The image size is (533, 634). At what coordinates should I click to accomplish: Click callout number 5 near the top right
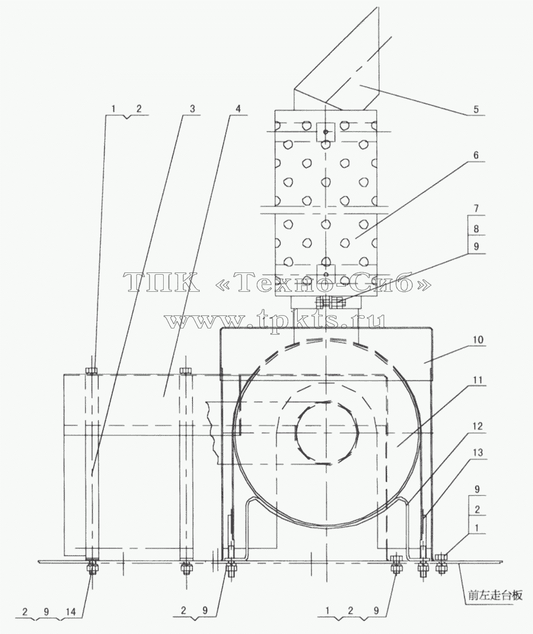476,109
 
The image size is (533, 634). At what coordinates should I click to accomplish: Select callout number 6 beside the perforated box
476,155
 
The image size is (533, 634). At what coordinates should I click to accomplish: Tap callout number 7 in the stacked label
476,209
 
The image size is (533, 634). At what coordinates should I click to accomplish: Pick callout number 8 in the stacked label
476,228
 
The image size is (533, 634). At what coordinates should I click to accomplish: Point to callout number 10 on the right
478,339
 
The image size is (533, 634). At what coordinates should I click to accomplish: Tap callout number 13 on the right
478,451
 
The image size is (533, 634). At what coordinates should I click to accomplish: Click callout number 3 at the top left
192,109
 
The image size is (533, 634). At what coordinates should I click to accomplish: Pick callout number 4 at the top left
238,109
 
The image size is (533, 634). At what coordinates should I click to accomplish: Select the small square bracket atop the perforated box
326,132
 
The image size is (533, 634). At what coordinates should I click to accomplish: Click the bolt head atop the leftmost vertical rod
92,370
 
